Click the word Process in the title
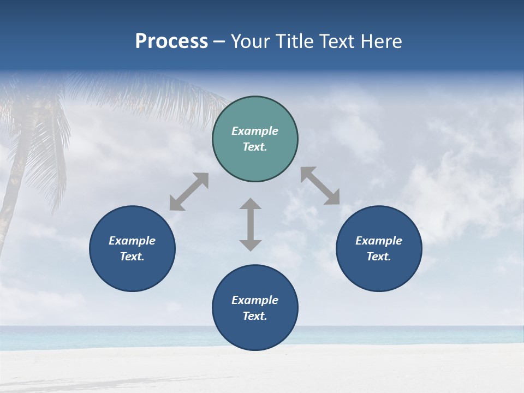pyautogui.click(x=171, y=41)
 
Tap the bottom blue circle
pyautogui.click(x=255, y=333)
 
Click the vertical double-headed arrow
pyautogui.click(x=251, y=224)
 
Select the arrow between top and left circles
pyautogui.click(x=189, y=192)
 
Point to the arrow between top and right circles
pyautogui.click(x=320, y=186)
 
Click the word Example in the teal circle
pyautogui.click(x=255, y=131)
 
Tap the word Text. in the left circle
pyautogui.click(x=132, y=257)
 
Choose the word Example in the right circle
pyautogui.click(x=379, y=241)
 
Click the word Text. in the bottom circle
pyautogui.click(x=255, y=316)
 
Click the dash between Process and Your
pyautogui.click(x=219, y=42)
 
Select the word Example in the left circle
pyautogui.click(x=132, y=241)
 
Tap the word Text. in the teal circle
pyautogui.click(x=255, y=147)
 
